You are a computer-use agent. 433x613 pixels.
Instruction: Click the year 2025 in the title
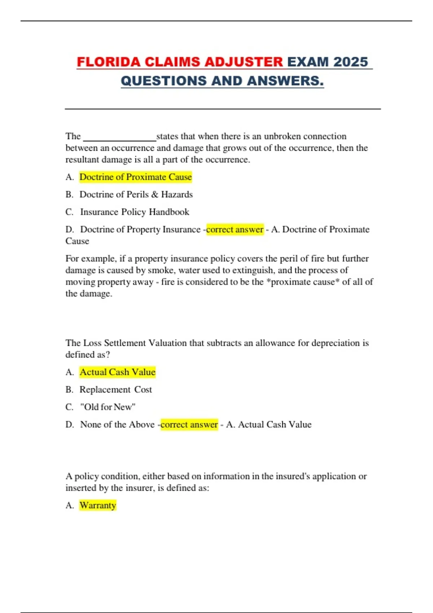click(x=350, y=62)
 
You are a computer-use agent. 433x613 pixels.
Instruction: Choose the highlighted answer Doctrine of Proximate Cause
click(x=135, y=177)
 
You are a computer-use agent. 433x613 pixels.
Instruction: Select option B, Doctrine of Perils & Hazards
click(x=136, y=194)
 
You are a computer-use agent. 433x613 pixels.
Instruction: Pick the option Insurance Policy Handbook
click(x=134, y=212)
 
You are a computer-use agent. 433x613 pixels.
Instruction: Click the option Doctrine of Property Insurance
click(x=140, y=229)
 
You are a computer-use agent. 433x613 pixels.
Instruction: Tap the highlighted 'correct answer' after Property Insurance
click(x=235, y=229)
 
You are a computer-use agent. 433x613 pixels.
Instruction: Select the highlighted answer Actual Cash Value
click(x=117, y=372)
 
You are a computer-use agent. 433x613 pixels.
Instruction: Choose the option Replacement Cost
click(x=115, y=389)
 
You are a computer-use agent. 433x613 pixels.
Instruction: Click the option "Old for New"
click(x=108, y=407)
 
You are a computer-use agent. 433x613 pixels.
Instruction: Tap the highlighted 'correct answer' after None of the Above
click(x=189, y=424)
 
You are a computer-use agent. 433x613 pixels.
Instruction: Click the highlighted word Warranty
click(x=98, y=505)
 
